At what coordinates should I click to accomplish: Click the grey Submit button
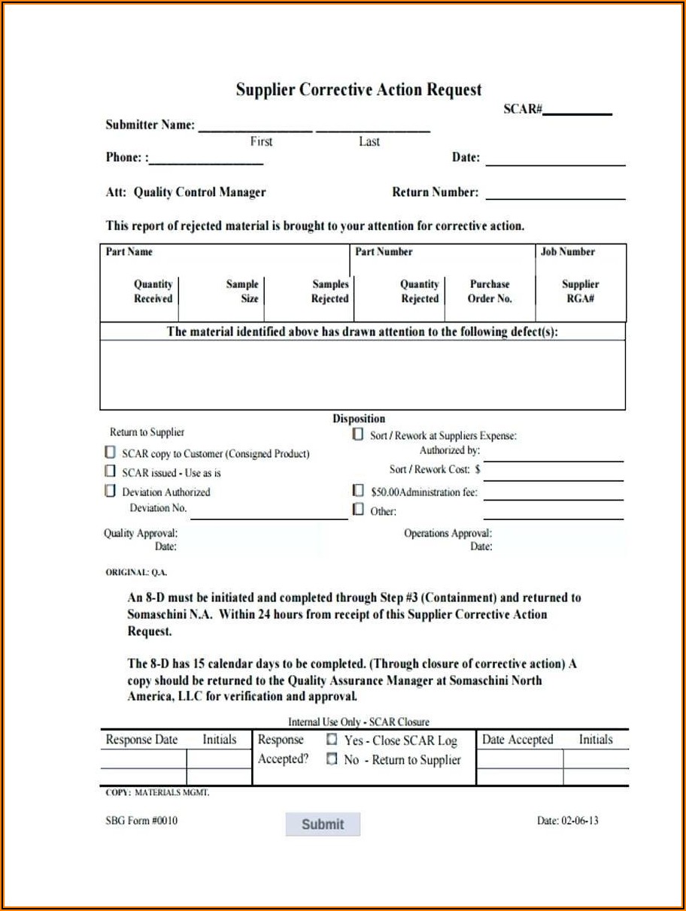[323, 824]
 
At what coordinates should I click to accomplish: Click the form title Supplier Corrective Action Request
[358, 89]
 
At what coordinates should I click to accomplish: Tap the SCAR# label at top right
[523, 109]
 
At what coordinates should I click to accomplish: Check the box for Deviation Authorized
[111, 492]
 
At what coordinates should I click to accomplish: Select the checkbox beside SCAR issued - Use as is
[111, 472]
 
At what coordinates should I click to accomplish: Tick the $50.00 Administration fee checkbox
[359, 491]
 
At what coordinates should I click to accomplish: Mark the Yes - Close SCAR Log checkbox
[332, 740]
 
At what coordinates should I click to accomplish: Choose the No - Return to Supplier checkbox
[332, 759]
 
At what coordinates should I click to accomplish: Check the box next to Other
[359, 510]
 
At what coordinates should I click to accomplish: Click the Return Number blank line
[555, 197]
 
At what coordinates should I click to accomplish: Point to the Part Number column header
[384, 252]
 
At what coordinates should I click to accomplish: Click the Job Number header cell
[568, 252]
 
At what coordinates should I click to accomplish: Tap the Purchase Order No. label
[490, 292]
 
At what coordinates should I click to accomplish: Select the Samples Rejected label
[330, 292]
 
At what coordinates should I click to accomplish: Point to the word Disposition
[359, 419]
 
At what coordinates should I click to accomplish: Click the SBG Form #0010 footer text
[141, 820]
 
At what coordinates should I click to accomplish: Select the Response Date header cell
[142, 740]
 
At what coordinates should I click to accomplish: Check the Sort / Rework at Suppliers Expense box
[358, 434]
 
